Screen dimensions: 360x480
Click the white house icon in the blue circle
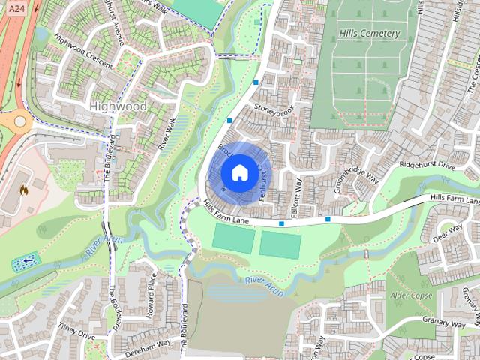pos(238,172)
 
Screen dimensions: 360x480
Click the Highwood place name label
pos(118,106)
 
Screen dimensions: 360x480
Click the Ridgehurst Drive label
pos(427,165)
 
